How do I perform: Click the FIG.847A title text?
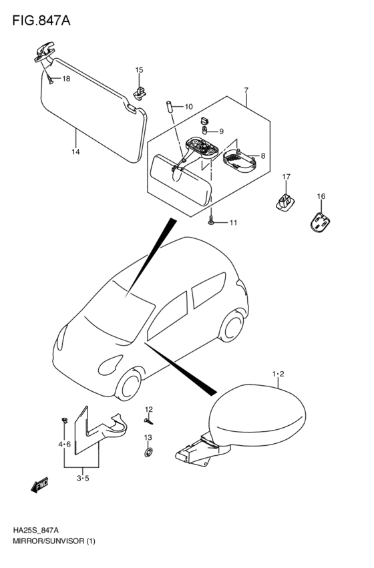point(41,21)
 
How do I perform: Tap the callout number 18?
point(66,79)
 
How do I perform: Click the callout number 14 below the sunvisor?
point(75,152)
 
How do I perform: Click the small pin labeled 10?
point(169,107)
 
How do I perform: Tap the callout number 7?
point(246,90)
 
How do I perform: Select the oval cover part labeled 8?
point(239,160)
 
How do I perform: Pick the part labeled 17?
point(285,201)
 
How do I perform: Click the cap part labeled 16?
point(321,222)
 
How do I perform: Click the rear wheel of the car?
point(232,327)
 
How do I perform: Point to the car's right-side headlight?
point(110,365)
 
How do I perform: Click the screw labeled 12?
point(148,421)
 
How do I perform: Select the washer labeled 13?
point(148,452)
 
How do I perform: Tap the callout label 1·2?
point(278,374)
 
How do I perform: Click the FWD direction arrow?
point(39,485)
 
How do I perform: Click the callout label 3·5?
point(83,478)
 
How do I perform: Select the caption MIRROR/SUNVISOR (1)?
point(54,542)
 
